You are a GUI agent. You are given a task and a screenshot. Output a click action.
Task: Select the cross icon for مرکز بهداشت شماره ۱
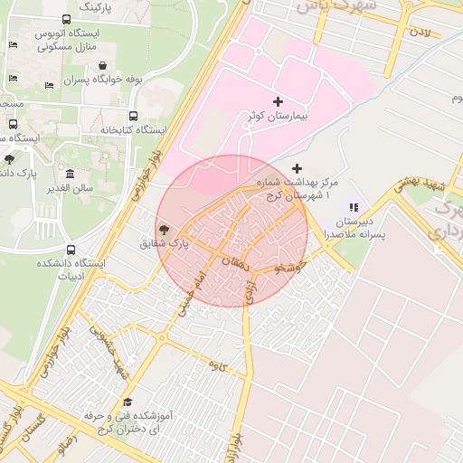297,168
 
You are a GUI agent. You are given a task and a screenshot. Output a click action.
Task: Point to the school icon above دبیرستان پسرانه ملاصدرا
354,207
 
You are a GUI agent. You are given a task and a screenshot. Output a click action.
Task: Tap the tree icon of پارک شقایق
164,231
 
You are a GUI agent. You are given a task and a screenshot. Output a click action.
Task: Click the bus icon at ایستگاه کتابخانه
134,116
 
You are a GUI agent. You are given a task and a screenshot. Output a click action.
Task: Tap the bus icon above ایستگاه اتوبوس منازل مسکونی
67,19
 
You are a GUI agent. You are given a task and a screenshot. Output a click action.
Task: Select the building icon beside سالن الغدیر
71,174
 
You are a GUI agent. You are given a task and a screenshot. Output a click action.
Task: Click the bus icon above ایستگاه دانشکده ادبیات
71,250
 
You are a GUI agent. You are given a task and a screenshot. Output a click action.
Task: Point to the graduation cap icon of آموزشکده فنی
128,402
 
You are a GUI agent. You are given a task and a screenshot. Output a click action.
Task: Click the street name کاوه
216,365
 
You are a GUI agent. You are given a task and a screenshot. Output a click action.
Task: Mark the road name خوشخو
295,268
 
